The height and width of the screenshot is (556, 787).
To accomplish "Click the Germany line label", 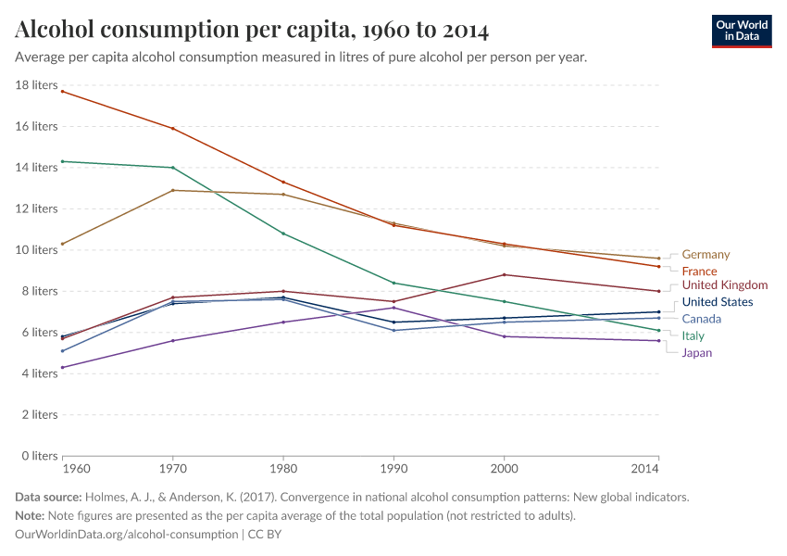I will pos(706,254).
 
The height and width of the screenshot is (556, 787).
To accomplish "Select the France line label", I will pos(699,271).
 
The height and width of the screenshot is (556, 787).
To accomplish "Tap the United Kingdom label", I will pos(725,284).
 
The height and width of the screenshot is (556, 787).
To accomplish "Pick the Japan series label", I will pos(696,352).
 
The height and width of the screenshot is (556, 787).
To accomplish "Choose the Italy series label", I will pos(693,335).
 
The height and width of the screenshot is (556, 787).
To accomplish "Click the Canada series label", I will pos(701,319).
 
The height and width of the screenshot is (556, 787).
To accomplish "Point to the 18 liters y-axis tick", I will pos(37,85).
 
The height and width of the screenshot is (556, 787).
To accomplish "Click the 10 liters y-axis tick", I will pos(37,250).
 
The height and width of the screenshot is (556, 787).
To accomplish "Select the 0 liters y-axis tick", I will pos(39,456).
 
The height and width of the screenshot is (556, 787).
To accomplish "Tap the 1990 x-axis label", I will pos(393,469).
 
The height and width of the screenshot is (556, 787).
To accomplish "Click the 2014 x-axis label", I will pos(644,469).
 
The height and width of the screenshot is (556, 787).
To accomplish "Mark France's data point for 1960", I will pos(62,91).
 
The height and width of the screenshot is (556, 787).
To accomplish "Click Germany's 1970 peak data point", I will pos(172,190).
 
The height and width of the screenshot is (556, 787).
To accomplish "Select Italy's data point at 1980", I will pos(283,234).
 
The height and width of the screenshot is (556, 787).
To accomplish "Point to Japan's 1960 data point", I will pos(62,367).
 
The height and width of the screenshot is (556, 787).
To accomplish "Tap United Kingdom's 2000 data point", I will pos(504,274).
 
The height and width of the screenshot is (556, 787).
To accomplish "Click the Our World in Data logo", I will pos(741,31).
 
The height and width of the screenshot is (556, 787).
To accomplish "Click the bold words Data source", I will pos(48,497).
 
